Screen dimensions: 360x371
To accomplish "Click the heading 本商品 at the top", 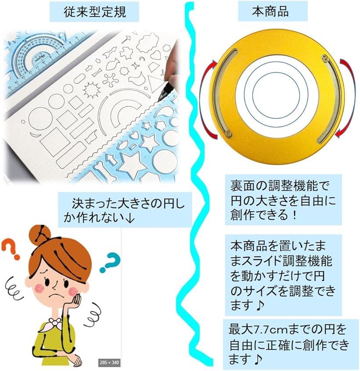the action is point(270,11).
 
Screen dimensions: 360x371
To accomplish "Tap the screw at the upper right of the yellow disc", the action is point(325,58).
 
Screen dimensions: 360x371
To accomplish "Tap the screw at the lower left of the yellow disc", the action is point(228,133).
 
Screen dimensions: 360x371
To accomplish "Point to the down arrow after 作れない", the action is point(130,218).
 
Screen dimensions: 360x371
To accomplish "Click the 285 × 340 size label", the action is point(109,363).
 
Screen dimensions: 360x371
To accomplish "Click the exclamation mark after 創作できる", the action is point(294,215).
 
